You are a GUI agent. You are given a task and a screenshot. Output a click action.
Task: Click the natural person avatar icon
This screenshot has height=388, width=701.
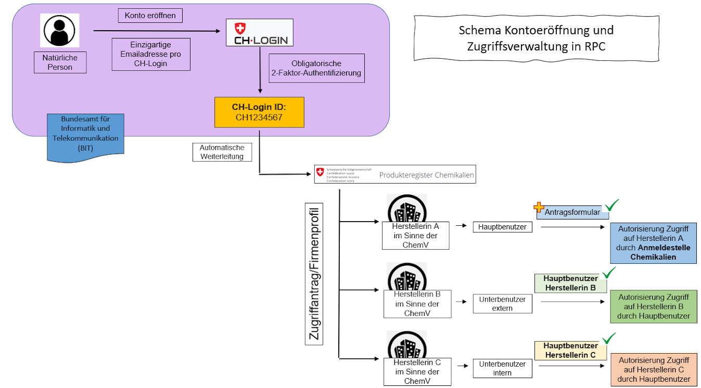tap(59, 31)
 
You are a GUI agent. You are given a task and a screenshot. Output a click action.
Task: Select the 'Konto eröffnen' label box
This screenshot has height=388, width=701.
tap(150, 16)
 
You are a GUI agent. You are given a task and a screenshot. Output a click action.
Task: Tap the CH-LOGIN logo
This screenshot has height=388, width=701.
tap(260, 33)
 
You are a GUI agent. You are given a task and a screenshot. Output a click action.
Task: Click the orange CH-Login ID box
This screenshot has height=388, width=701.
tap(259, 112)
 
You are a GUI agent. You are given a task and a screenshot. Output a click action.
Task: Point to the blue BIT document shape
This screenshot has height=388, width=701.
tap(85, 137)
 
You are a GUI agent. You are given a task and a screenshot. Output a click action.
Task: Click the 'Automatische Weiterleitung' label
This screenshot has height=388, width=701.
tap(222, 152)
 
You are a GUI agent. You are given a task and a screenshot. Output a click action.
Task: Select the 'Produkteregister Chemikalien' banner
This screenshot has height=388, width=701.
tap(395, 174)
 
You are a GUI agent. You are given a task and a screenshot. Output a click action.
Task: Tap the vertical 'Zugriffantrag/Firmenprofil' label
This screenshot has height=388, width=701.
tap(314, 274)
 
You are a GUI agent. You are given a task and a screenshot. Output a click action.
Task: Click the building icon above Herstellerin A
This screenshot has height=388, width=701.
tap(407, 209)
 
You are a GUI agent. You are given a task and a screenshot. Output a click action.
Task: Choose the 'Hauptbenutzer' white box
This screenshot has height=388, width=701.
tap(502, 227)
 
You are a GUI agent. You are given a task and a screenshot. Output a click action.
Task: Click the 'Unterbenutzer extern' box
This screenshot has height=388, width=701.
tap(502, 304)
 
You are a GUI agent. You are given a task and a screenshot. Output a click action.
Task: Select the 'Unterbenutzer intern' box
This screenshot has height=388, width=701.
tap(502, 368)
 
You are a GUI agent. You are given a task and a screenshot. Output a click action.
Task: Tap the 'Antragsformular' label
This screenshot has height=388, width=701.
tap(572, 212)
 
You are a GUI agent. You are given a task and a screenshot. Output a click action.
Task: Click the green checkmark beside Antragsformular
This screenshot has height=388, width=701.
tap(612, 205)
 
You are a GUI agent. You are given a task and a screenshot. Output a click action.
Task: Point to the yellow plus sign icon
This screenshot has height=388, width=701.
tap(539, 207)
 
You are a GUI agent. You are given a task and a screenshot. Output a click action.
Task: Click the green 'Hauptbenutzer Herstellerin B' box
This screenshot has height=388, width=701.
tap(570, 283)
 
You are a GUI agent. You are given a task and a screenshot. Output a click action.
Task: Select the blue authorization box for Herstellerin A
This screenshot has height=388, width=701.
tap(654, 243)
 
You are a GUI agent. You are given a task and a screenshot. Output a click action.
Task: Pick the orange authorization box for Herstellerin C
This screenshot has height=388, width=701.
tap(654, 370)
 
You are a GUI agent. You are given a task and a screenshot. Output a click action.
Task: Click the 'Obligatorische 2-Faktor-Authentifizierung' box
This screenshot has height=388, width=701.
tap(316, 68)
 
